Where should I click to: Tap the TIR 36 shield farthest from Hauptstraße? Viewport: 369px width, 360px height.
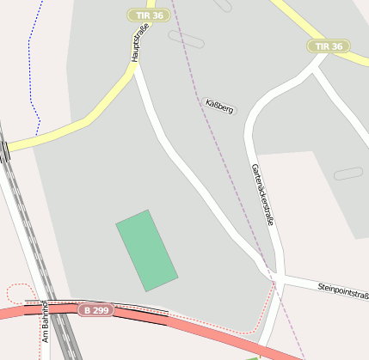pos(329,46)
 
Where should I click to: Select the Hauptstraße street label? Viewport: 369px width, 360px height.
pos(135,43)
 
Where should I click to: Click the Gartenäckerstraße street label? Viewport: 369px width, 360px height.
pos(262,194)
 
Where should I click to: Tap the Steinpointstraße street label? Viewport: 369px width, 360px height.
pos(343,290)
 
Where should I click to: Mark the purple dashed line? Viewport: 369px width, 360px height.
pos(225,172)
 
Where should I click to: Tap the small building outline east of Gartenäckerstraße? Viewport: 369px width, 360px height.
pos(348,174)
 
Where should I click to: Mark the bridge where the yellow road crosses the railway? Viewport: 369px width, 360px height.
pos(6,150)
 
